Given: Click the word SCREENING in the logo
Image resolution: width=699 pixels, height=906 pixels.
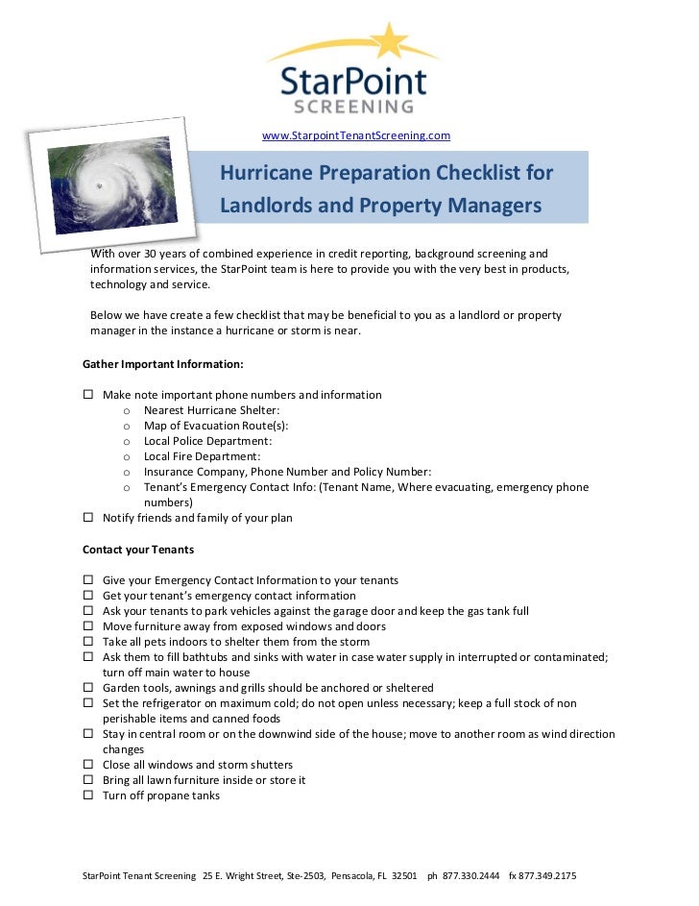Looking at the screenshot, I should (x=354, y=106).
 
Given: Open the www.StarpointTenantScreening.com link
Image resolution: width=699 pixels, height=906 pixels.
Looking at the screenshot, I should (x=356, y=135).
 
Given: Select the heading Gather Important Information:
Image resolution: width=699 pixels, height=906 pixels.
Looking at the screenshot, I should (x=162, y=364).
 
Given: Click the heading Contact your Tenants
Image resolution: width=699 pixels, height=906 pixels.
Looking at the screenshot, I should (x=138, y=550).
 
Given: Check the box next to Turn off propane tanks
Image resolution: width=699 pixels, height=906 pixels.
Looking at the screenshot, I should (x=88, y=796).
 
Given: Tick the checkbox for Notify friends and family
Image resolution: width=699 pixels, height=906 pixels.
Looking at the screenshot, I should (x=88, y=518).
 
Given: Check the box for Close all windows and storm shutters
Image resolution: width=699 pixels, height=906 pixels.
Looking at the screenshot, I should (x=88, y=765).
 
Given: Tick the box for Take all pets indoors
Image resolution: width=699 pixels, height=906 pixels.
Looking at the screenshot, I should (x=88, y=642).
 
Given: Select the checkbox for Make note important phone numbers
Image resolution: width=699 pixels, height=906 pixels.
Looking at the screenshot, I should (x=88, y=395).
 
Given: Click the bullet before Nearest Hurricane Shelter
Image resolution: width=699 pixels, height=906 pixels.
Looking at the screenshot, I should (x=127, y=411).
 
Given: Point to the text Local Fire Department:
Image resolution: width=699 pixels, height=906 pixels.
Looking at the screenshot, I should (x=202, y=456).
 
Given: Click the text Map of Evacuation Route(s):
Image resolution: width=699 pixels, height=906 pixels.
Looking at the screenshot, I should (x=215, y=426).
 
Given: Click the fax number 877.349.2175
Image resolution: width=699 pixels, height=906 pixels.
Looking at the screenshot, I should (x=547, y=876).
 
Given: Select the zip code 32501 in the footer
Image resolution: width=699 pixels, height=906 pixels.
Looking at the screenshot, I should (x=404, y=876).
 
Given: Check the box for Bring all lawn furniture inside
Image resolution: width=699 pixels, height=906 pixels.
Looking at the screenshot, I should (x=88, y=780).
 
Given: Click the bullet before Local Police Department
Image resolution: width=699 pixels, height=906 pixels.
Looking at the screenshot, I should (x=127, y=442).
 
